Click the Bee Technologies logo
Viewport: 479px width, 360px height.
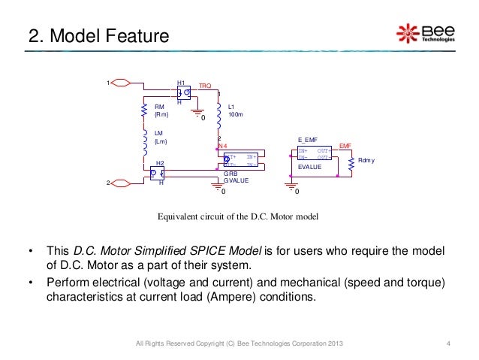coord(425,33)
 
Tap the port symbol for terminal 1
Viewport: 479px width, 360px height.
coord(122,82)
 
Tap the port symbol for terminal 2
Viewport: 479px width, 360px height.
coord(122,183)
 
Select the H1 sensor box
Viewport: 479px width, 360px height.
coord(182,92)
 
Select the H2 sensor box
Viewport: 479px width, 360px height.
coord(157,173)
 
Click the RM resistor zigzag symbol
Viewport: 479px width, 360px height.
coord(143,111)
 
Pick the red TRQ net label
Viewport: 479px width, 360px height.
coord(204,87)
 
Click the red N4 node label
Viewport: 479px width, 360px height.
coord(221,146)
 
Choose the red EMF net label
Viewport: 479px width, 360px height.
coord(345,145)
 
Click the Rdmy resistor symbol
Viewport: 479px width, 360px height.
coord(350,161)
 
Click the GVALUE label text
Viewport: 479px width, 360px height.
coord(236,180)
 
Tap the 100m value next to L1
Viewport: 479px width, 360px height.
coord(234,115)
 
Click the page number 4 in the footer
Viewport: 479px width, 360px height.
coord(447,344)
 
